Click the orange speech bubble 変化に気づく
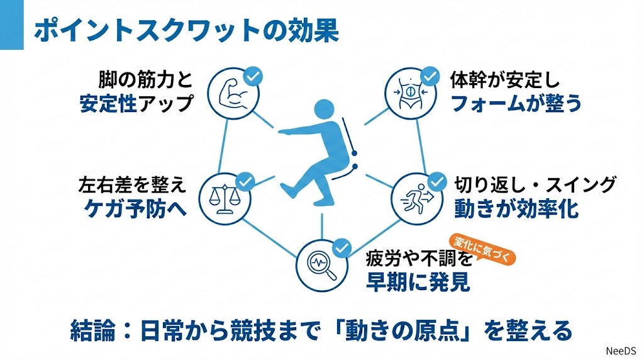pos(480,247)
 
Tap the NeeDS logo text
pos(620,350)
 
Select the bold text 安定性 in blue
pos(108,103)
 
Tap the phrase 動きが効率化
pos(516,209)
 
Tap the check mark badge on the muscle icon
pos(252,77)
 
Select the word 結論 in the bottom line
pos(91,330)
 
